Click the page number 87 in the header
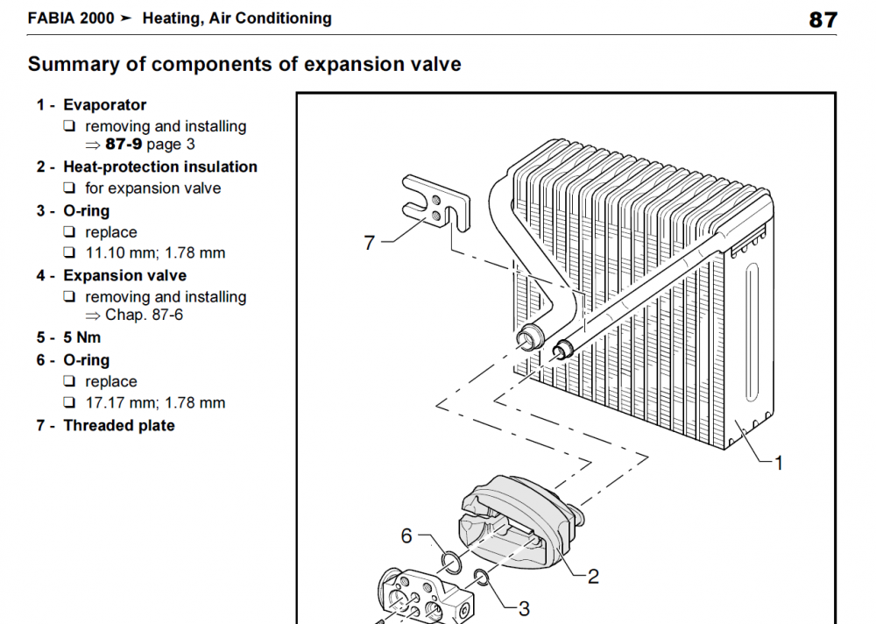(x=823, y=20)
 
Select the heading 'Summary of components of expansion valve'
(x=244, y=64)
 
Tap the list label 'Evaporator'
(x=104, y=105)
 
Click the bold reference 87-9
(x=124, y=145)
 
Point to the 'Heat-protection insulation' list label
(x=160, y=167)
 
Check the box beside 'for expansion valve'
(x=69, y=188)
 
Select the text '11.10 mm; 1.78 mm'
(x=155, y=253)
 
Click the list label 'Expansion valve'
(x=124, y=276)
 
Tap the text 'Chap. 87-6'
(x=145, y=316)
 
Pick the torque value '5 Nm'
(x=82, y=337)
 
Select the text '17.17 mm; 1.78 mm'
(x=155, y=403)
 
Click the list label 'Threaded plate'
(x=119, y=426)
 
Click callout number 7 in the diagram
(x=370, y=243)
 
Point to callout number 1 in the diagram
(x=778, y=463)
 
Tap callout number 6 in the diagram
(x=406, y=536)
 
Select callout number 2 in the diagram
(x=593, y=577)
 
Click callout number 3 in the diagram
(x=524, y=609)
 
